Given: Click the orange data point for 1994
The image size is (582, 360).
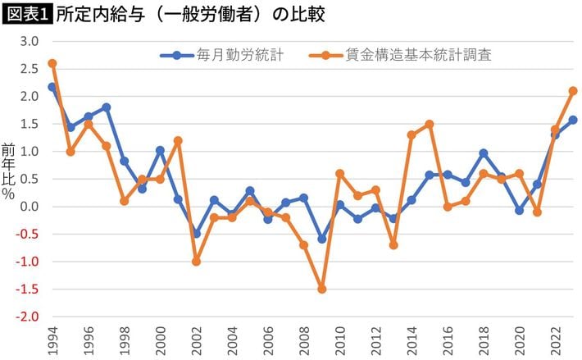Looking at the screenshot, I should pyautogui.click(x=52, y=63).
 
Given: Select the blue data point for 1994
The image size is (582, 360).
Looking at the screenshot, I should pyautogui.click(x=52, y=87).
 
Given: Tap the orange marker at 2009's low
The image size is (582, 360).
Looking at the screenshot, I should pyautogui.click(x=321, y=289).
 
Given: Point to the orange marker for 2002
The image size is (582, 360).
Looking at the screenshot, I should pyautogui.click(x=197, y=261).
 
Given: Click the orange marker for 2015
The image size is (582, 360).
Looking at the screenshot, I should pyautogui.click(x=430, y=124).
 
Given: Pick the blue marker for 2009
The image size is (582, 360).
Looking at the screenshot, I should pyautogui.click(x=321, y=239).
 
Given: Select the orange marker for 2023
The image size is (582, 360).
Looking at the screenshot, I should pyautogui.click(x=573, y=91).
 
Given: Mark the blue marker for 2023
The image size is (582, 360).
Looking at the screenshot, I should pyautogui.click(x=573, y=120).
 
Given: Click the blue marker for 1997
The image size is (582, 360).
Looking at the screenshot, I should pyautogui.click(x=107, y=107).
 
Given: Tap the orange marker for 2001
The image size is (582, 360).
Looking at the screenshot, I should pyautogui.click(x=178, y=140).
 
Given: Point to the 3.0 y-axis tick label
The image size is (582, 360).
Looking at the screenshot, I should pyautogui.click(x=30, y=41).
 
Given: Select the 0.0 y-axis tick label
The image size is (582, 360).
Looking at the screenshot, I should pyautogui.click(x=30, y=207).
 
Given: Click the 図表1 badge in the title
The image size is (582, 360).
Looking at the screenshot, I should pyautogui.click(x=26, y=14).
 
